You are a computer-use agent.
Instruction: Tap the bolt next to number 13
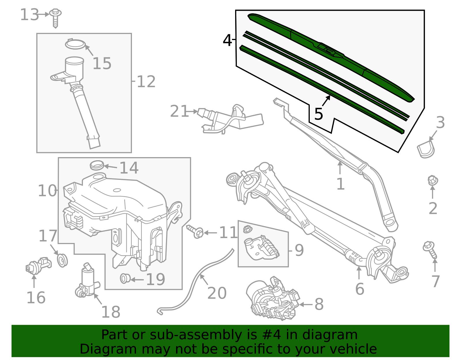click(x=55, y=17)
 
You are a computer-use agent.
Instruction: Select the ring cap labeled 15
click(x=75, y=44)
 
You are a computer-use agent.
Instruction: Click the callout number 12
click(x=146, y=82)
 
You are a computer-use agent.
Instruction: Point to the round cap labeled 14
click(x=97, y=165)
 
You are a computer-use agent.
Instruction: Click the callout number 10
click(x=47, y=191)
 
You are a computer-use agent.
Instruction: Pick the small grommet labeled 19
click(x=125, y=278)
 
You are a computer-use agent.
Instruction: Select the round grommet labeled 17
click(x=62, y=260)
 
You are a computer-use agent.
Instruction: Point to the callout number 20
click(x=217, y=293)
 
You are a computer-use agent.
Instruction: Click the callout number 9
click(x=299, y=250)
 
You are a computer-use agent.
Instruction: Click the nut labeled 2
click(x=432, y=180)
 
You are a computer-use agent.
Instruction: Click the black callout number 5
click(x=318, y=114)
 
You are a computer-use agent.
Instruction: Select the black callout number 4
click(x=227, y=40)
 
